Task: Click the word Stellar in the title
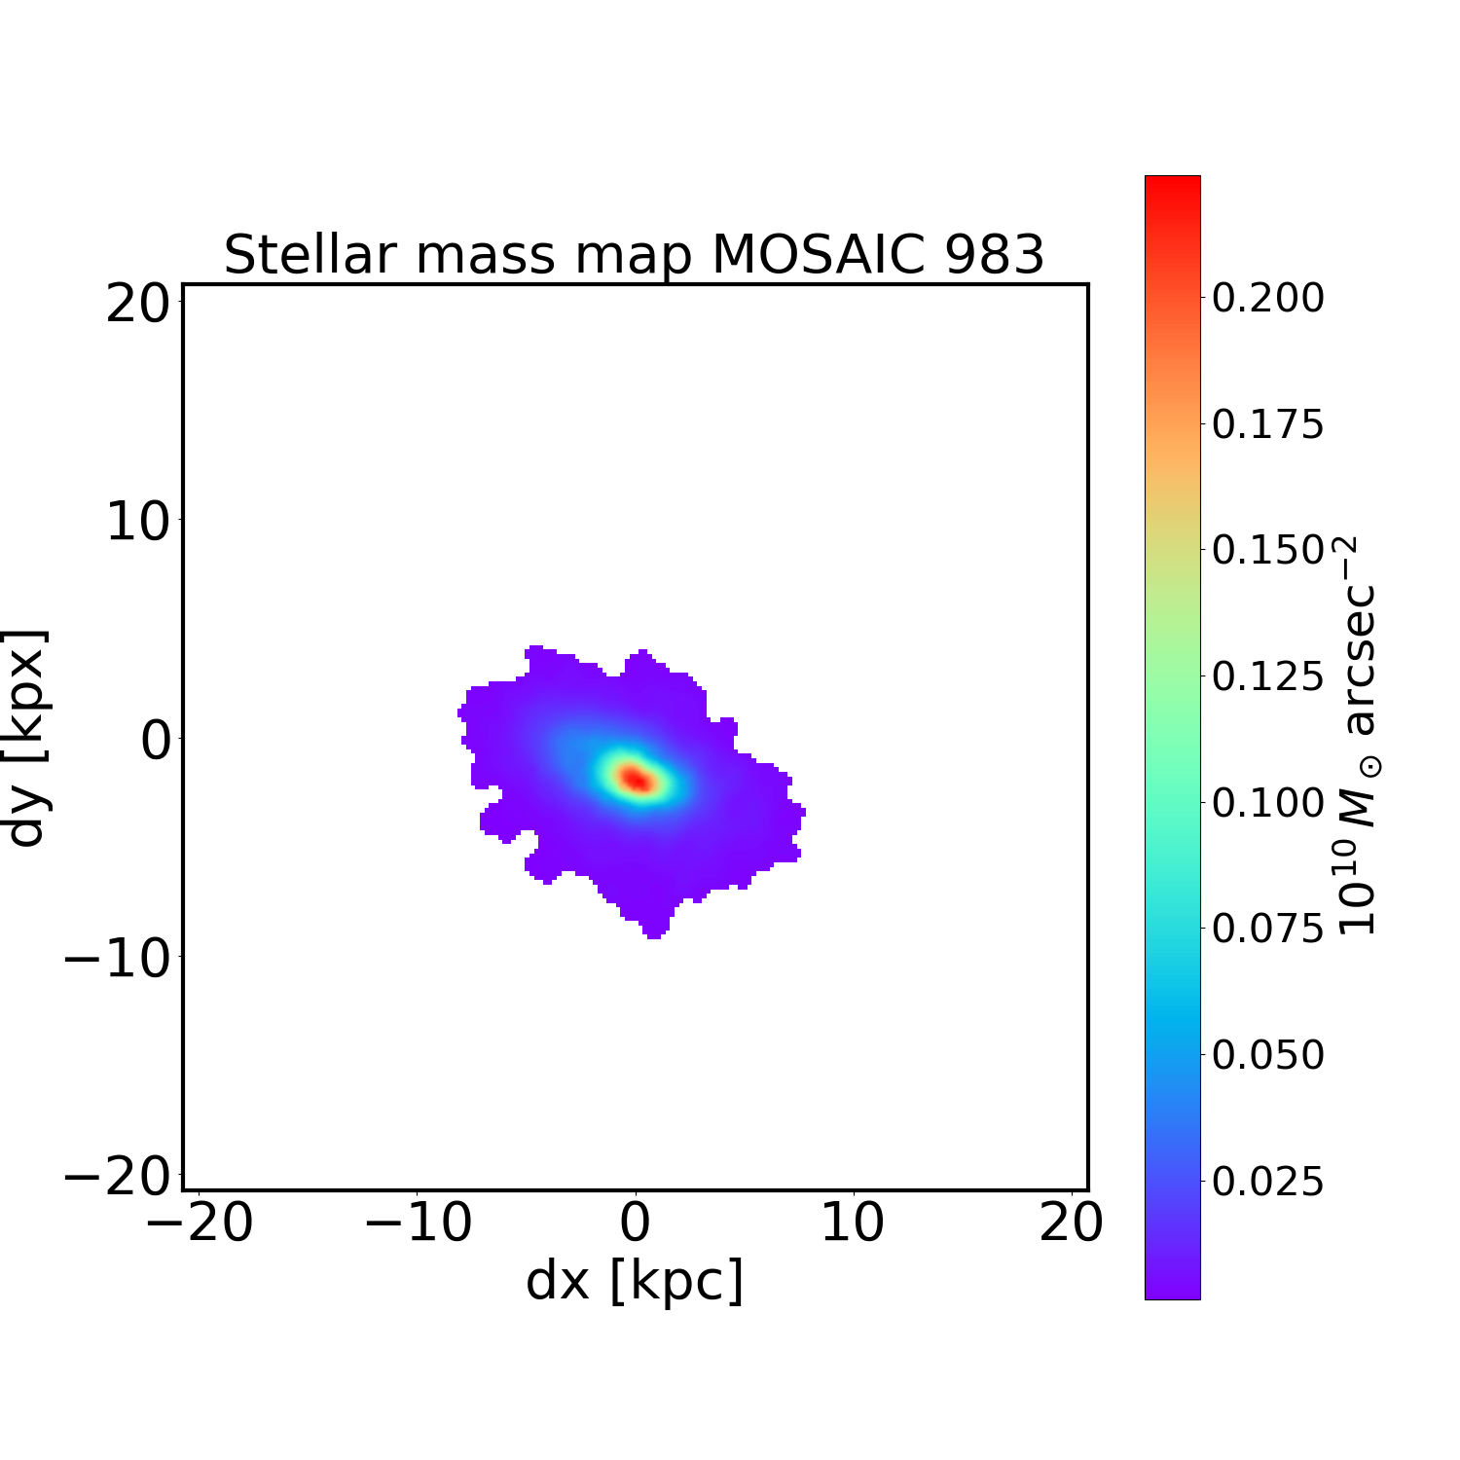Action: (311, 255)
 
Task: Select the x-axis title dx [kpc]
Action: (635, 1280)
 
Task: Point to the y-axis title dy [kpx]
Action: (26, 737)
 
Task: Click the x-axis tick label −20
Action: (200, 1223)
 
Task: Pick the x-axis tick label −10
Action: (418, 1223)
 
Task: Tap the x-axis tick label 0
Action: (635, 1223)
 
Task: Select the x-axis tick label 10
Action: (853, 1223)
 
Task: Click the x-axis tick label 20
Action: (1071, 1223)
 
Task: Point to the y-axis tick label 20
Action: (137, 306)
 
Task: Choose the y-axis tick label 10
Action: (137, 523)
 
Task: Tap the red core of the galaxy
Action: (635, 779)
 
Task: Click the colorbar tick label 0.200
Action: (1267, 298)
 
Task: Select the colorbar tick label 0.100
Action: (1267, 803)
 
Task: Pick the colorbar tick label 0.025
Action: (1267, 1182)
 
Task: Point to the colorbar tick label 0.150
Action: (1267, 550)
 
